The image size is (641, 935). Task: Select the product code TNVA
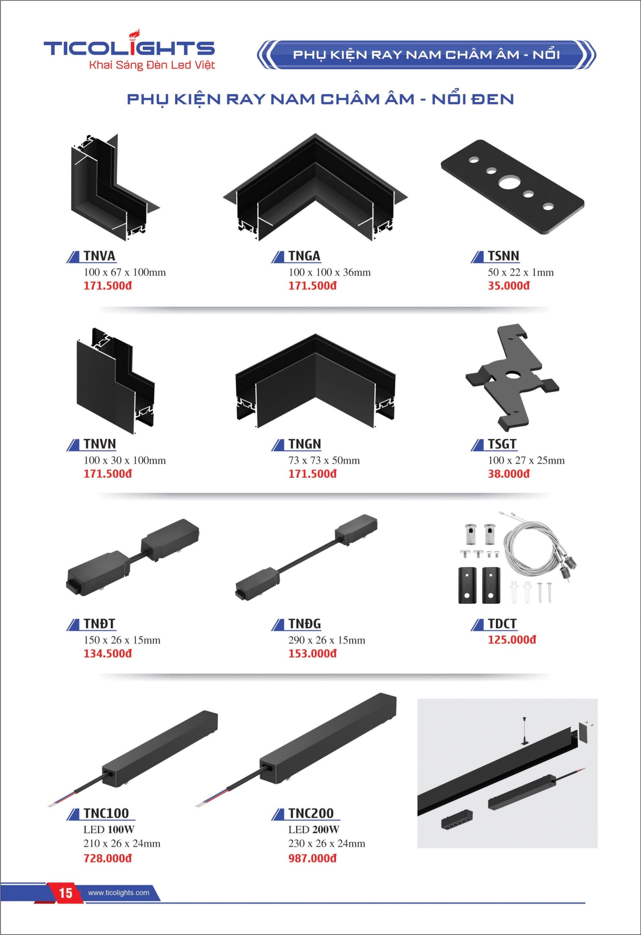click(x=99, y=256)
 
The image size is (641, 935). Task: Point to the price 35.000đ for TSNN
click(x=509, y=286)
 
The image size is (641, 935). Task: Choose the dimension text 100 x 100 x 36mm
click(x=329, y=272)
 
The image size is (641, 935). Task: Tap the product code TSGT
click(x=502, y=444)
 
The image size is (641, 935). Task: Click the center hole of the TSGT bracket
click(x=513, y=375)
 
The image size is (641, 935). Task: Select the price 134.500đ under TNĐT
click(x=107, y=653)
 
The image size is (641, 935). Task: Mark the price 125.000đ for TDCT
click(x=512, y=640)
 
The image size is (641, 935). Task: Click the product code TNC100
click(x=106, y=813)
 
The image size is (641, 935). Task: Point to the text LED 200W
click(x=313, y=829)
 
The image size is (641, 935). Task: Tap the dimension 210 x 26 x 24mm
click(x=122, y=843)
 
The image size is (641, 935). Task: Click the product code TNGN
click(x=305, y=444)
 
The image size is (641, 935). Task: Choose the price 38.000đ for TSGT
click(x=509, y=474)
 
